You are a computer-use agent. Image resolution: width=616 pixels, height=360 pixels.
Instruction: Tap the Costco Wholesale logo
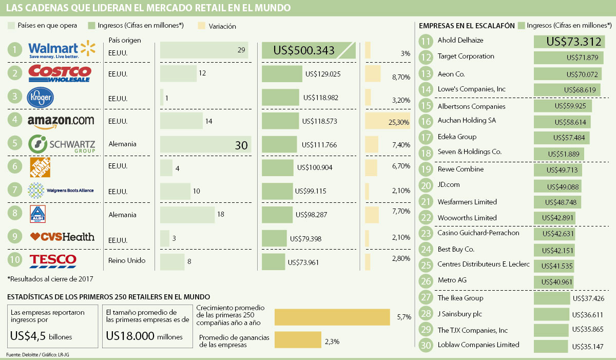(60, 73)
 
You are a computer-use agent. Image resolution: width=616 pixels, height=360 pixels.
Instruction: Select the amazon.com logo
(61, 121)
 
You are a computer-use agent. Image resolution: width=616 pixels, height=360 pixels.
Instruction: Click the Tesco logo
(53, 260)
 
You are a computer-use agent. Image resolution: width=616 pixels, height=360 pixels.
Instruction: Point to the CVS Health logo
(62, 237)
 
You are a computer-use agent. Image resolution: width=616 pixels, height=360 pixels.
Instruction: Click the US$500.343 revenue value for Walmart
(304, 50)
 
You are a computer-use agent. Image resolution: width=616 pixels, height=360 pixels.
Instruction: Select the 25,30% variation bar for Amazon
(388, 121)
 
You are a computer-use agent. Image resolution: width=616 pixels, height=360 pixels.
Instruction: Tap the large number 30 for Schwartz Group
(241, 145)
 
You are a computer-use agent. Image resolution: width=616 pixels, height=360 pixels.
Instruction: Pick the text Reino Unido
(127, 260)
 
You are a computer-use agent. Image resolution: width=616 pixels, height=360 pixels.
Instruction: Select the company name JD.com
(449, 185)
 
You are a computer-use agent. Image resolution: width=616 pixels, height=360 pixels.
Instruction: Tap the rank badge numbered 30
(426, 345)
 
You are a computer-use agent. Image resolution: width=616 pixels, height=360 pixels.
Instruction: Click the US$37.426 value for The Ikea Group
(588, 298)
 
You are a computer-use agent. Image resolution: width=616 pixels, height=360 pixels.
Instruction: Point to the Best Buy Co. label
(455, 249)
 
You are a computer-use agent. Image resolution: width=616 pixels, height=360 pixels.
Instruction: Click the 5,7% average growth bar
(333, 317)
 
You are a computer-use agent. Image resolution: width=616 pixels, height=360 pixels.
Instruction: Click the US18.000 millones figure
(144, 336)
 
